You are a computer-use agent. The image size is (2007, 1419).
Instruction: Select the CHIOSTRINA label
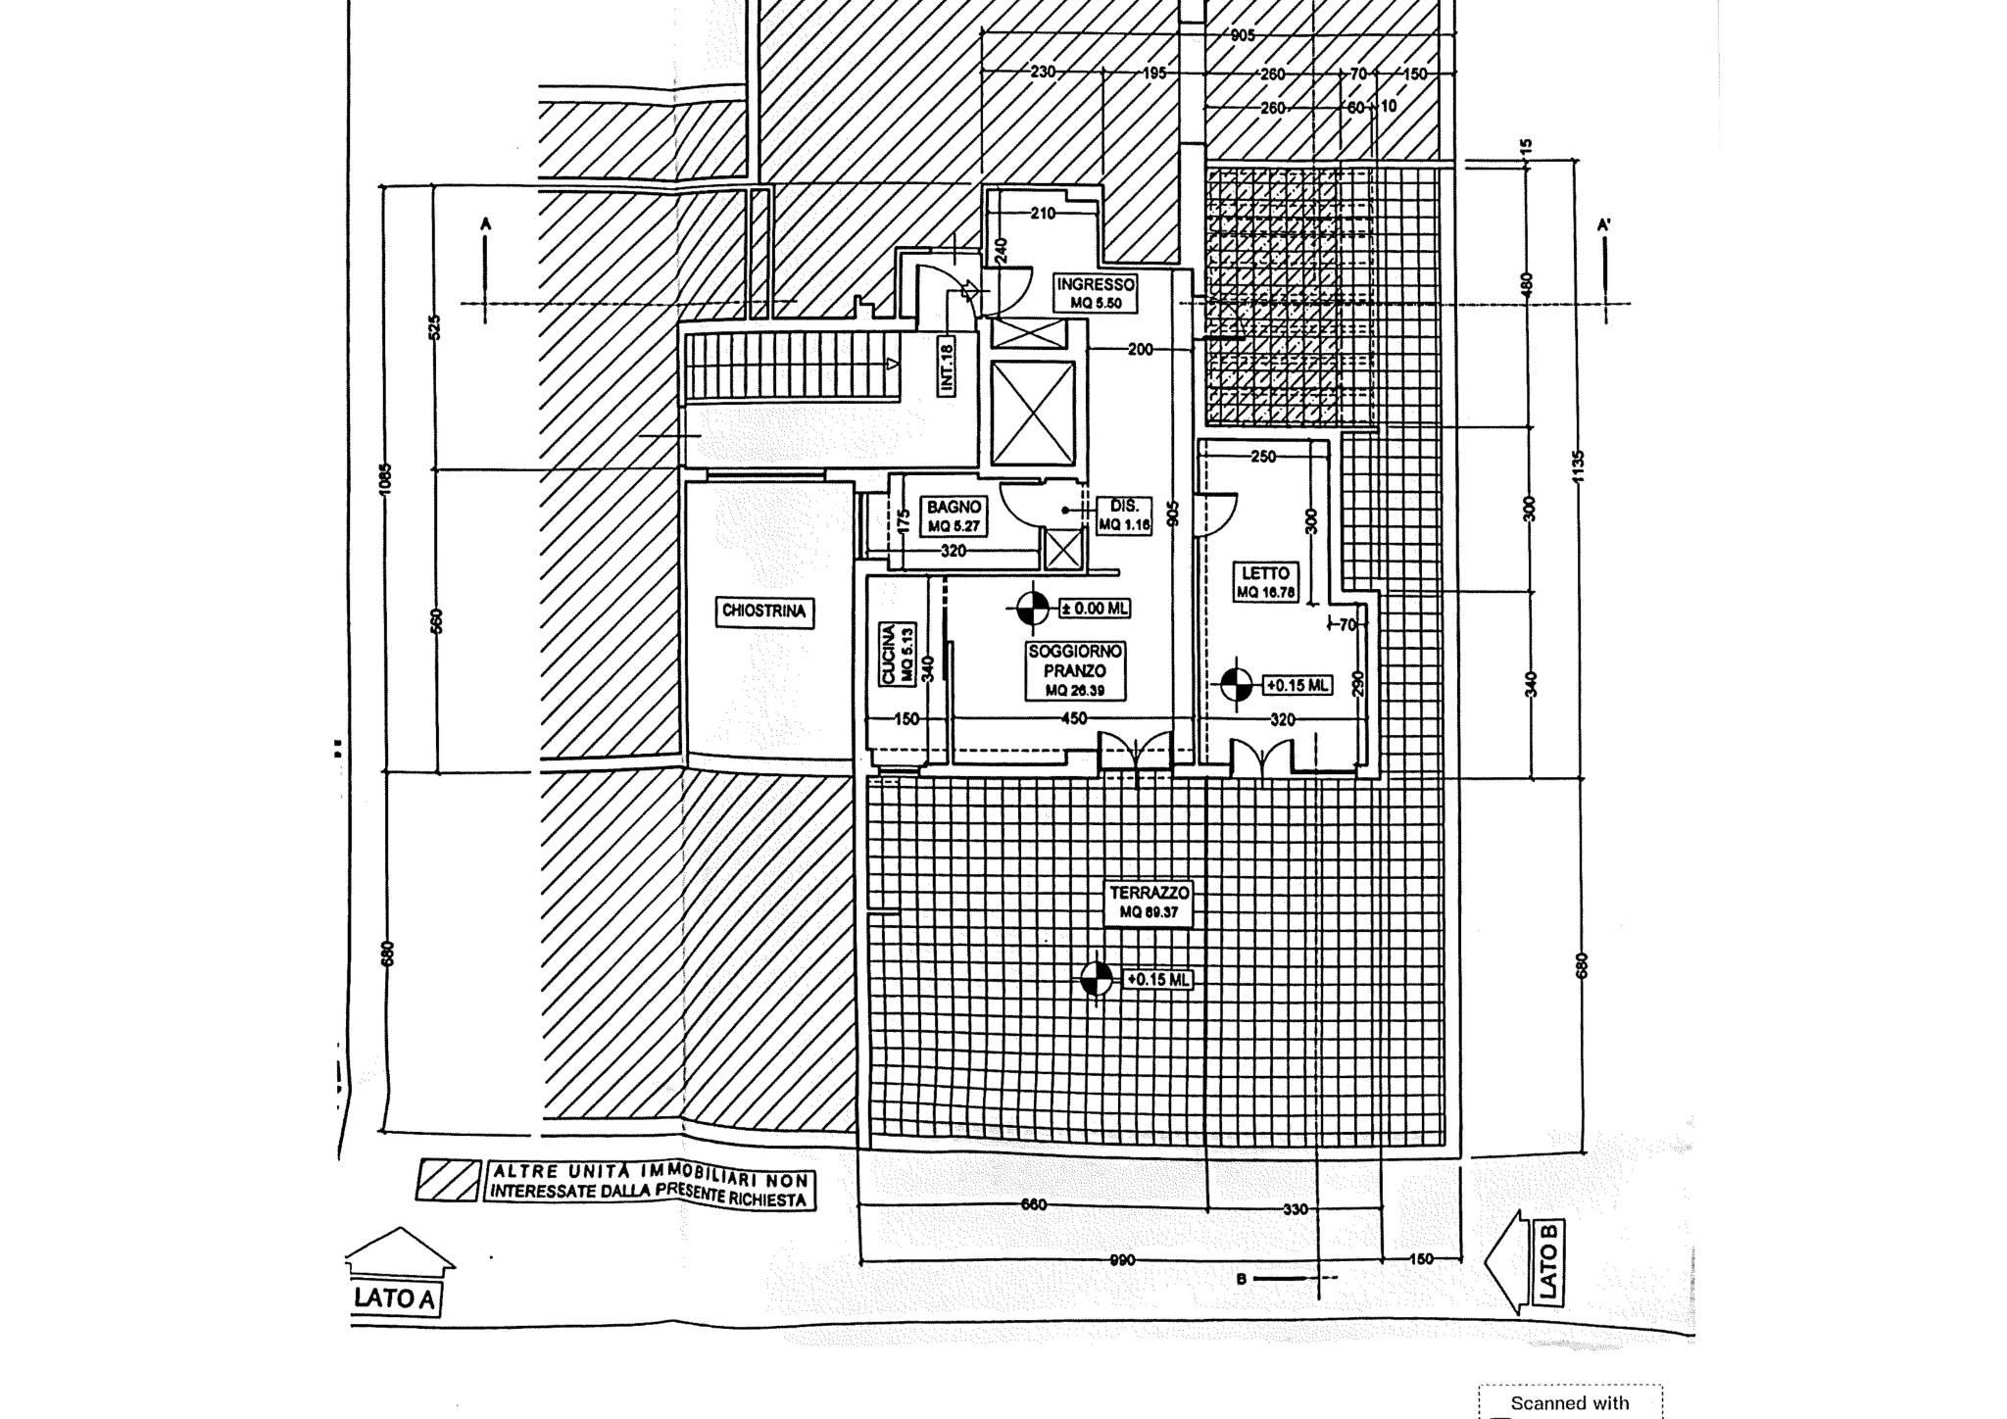click(x=764, y=612)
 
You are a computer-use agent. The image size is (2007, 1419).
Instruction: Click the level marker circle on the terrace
click(x=1097, y=978)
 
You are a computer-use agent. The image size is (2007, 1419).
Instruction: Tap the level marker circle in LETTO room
click(x=1237, y=684)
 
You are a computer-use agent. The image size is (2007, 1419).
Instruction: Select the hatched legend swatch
click(x=448, y=1180)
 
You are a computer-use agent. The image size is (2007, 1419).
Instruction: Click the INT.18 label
click(x=947, y=367)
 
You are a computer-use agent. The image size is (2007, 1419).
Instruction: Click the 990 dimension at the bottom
click(x=1122, y=1259)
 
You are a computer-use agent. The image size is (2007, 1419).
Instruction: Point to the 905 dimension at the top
click(x=1243, y=35)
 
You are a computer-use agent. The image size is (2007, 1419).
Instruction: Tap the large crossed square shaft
click(x=1033, y=413)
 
